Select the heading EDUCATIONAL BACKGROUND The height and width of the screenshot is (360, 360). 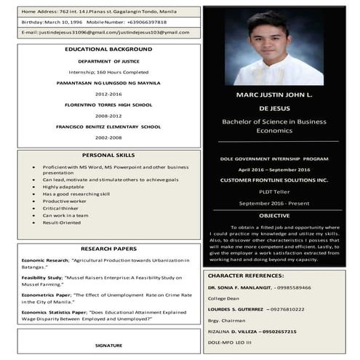click(x=108, y=49)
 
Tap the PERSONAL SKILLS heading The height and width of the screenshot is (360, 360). click(x=108, y=155)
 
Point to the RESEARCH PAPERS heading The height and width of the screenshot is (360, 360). click(x=108, y=249)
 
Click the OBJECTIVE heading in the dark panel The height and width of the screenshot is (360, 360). click(x=274, y=215)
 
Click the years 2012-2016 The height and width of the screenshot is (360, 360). click(x=108, y=95)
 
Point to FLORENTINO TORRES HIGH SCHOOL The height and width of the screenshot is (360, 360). click(x=108, y=105)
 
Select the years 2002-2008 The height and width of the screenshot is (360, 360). click(x=108, y=137)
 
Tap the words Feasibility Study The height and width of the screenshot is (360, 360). click(x=42, y=278)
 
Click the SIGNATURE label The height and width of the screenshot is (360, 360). click(x=108, y=345)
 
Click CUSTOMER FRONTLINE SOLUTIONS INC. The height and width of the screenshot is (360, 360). click(x=274, y=180)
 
